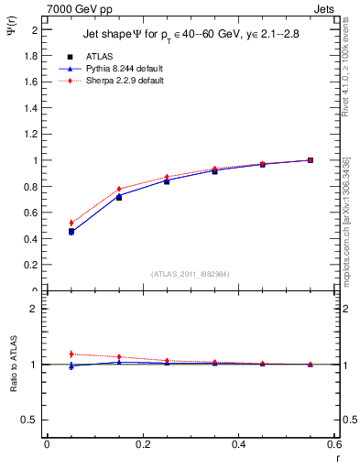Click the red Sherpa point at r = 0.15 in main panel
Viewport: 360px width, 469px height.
click(x=119, y=189)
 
